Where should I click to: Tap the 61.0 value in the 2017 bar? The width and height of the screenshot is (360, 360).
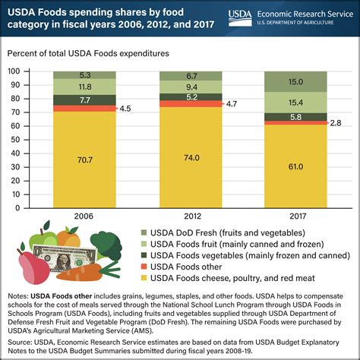pyautogui.click(x=295, y=166)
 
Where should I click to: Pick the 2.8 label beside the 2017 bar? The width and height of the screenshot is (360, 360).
pyautogui.click(x=335, y=122)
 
